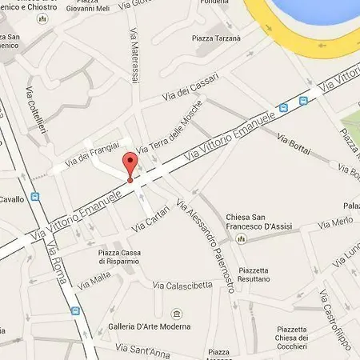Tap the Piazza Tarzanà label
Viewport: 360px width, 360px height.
(x=216, y=38)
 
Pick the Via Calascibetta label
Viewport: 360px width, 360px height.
(x=183, y=285)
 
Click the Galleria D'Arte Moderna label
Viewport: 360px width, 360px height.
(x=150, y=326)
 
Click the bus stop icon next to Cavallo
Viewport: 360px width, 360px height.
(x=34, y=196)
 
